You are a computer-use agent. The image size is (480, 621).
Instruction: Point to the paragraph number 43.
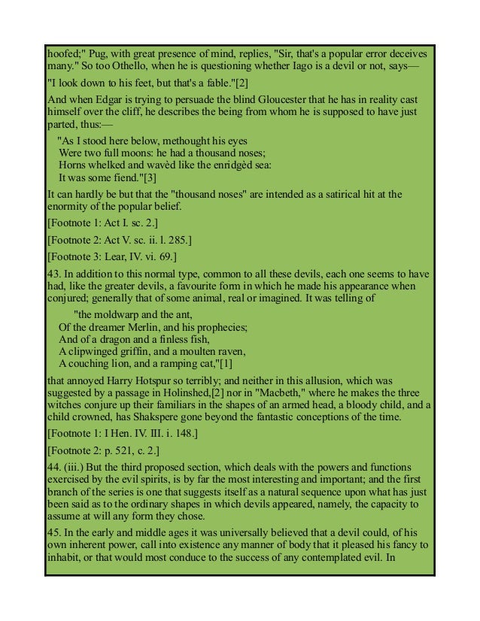point(53,274)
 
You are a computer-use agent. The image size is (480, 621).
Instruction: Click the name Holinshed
point(231,393)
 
